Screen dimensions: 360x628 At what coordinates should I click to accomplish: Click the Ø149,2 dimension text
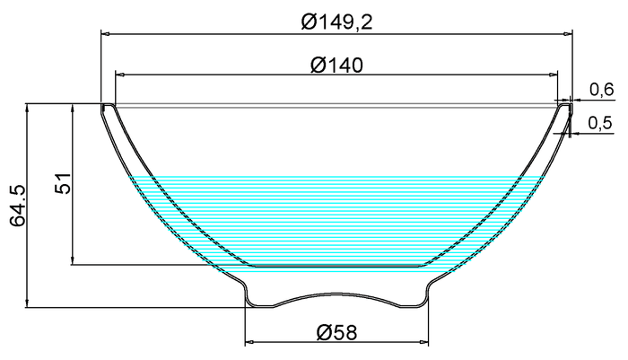[x=337, y=22]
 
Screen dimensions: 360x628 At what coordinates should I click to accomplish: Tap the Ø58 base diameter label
[x=337, y=333]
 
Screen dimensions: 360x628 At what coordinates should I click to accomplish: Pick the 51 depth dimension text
[x=62, y=184]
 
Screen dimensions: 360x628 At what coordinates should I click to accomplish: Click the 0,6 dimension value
[x=601, y=89]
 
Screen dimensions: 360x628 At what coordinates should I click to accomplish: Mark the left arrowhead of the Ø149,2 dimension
[x=105, y=34]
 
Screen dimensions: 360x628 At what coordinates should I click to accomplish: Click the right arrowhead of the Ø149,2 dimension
[x=568, y=34]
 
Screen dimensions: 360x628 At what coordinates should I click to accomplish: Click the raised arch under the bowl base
[x=336, y=294]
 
